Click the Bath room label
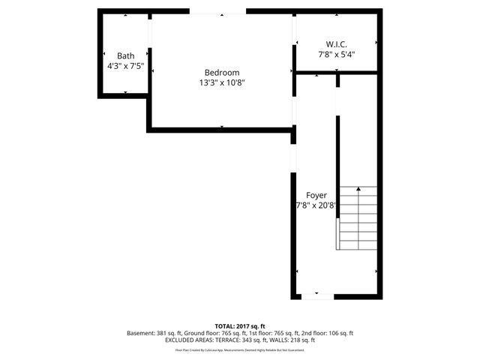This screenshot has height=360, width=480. [125, 55]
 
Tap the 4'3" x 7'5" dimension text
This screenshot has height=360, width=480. [125, 66]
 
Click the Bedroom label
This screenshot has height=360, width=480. [222, 72]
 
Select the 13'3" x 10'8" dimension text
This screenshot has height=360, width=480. [222, 82]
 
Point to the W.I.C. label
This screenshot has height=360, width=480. [336, 43]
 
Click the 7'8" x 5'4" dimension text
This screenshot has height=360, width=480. [336, 54]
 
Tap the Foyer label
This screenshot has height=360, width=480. [316, 194]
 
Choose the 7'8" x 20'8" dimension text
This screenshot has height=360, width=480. [316, 204]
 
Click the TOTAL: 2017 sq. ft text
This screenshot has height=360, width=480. [240, 326]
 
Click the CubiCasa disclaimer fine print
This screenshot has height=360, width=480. [240, 349]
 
